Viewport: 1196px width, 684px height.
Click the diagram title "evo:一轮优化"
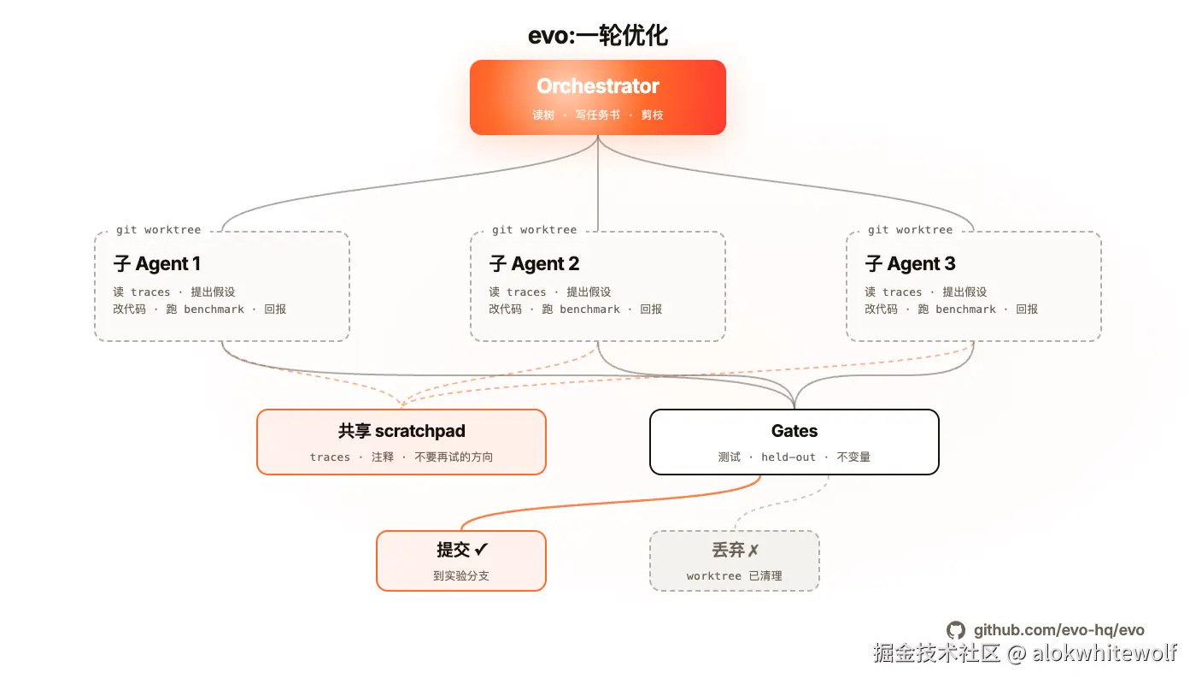coord(598,35)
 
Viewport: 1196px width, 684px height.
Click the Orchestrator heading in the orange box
coord(598,86)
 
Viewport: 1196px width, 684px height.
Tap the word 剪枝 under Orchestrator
coord(652,115)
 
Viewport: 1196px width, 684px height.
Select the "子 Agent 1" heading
coord(156,263)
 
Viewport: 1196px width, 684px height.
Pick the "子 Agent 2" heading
coord(534,263)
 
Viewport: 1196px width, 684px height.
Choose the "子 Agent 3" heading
coord(910,263)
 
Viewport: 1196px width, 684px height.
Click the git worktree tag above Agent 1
coord(159,230)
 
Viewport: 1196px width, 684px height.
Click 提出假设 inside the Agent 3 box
coord(964,292)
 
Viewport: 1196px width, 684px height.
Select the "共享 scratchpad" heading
coord(402,431)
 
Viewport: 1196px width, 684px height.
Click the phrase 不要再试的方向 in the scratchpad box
coord(454,457)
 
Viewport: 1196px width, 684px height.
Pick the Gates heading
coord(794,431)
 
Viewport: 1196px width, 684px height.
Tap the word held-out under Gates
coord(789,457)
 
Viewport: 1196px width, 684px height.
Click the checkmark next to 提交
coord(481,550)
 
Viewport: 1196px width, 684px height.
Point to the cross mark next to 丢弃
coord(753,551)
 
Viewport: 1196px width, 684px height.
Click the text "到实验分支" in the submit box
coord(461,576)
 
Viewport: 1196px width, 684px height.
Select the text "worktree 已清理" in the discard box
coord(734,576)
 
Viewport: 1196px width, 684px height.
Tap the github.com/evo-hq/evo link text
coord(1058,631)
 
